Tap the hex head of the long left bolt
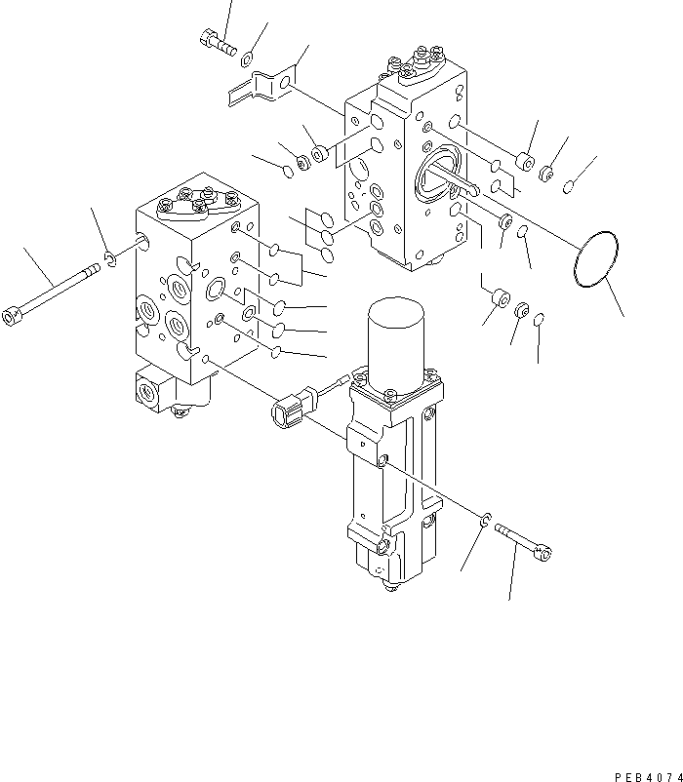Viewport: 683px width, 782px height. click(13, 316)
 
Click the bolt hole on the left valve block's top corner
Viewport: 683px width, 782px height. click(144, 239)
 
